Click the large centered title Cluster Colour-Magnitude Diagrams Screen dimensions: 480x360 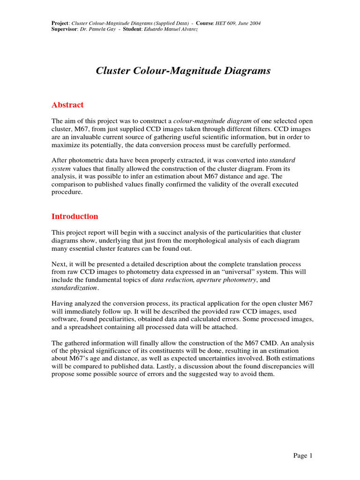click(183, 71)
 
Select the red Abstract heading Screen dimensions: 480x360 click(67, 105)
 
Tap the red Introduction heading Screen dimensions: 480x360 click(75, 217)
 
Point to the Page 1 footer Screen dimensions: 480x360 click(303, 456)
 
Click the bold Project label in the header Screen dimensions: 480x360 click(60, 23)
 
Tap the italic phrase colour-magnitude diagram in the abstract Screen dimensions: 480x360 click(212, 120)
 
